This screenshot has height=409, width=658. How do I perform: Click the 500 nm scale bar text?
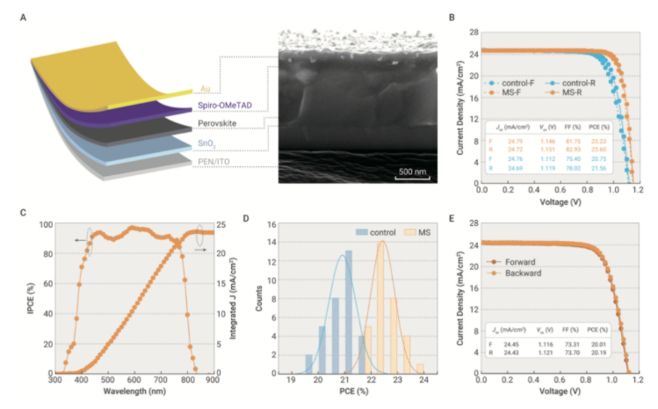tap(409, 170)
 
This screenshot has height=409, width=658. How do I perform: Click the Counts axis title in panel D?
tap(270, 300)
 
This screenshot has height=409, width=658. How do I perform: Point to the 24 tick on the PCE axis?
tap(423, 383)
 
